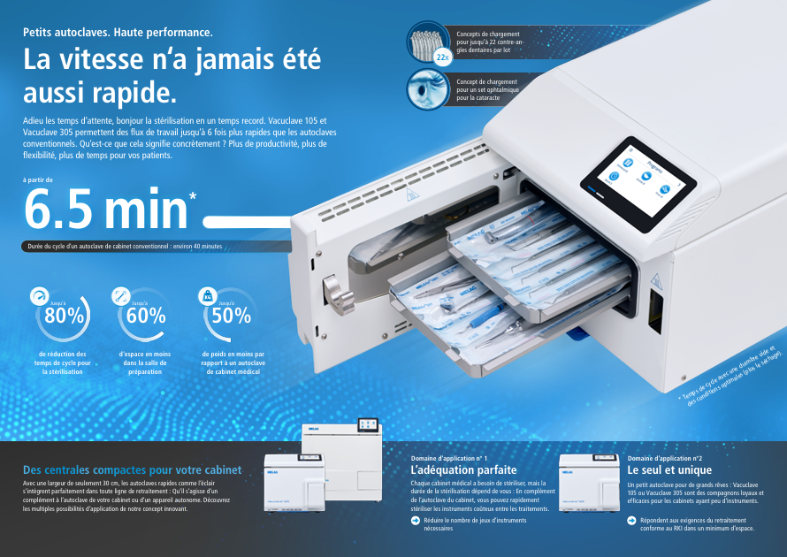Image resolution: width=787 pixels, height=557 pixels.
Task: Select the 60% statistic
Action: pos(145,315)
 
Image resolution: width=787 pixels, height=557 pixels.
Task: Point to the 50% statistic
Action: pos(231,315)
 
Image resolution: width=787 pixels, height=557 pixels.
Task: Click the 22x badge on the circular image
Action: pos(443,57)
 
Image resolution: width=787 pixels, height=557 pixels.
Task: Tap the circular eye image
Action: pos(428,89)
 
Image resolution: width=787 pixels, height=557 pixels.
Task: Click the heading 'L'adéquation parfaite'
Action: pos(463,470)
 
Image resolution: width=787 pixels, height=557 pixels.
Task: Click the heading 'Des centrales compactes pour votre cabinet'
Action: pos(132,469)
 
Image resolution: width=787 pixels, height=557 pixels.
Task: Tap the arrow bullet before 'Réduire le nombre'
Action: pos(416,521)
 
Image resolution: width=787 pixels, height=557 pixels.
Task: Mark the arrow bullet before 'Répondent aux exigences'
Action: pos(631,521)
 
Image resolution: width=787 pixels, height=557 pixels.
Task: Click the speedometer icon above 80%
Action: pos(38,296)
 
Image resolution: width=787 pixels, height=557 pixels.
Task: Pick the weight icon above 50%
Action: pos(207,295)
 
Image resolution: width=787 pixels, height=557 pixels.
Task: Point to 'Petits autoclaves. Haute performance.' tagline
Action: pos(118,33)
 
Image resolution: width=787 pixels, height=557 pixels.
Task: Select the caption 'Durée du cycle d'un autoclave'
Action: pos(125,245)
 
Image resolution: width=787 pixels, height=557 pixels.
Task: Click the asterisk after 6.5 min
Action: pos(193,196)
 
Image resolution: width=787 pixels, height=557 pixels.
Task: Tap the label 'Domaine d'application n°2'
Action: pos(664,458)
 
